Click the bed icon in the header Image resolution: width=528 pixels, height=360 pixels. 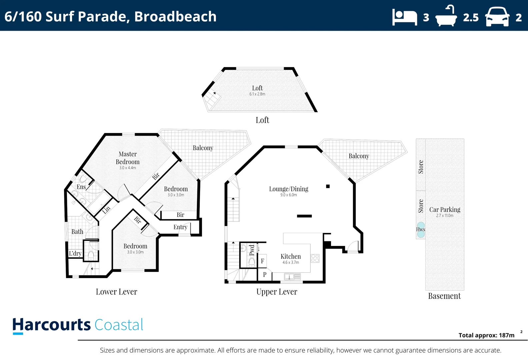click(405, 17)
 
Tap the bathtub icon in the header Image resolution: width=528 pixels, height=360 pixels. click(446, 16)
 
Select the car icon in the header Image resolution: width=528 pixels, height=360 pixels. click(497, 17)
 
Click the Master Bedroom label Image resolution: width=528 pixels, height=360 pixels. click(128, 158)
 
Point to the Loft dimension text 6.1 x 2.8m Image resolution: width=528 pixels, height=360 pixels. click(257, 94)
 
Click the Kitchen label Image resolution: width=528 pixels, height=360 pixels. click(291, 256)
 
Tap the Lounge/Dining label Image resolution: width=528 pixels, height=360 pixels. click(289, 189)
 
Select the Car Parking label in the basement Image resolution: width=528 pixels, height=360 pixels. click(445, 210)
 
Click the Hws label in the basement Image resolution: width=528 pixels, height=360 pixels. click(421, 229)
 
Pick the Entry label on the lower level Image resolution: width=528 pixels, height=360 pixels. click(180, 227)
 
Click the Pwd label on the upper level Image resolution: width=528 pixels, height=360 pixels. click(252, 250)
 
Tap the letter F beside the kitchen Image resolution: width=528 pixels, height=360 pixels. click(262, 261)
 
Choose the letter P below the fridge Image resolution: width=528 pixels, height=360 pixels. click(265, 275)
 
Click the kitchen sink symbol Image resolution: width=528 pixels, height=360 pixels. click(292, 277)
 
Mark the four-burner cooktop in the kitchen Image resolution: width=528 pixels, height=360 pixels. click(315, 258)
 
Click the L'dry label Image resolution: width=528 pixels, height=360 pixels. click(75, 253)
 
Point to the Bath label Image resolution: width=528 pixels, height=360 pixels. click(77, 232)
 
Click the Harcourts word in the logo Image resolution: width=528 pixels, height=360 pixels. click(52, 325)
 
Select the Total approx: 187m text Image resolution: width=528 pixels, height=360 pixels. click(486, 335)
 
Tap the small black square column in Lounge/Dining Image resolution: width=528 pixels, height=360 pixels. click(328, 186)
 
